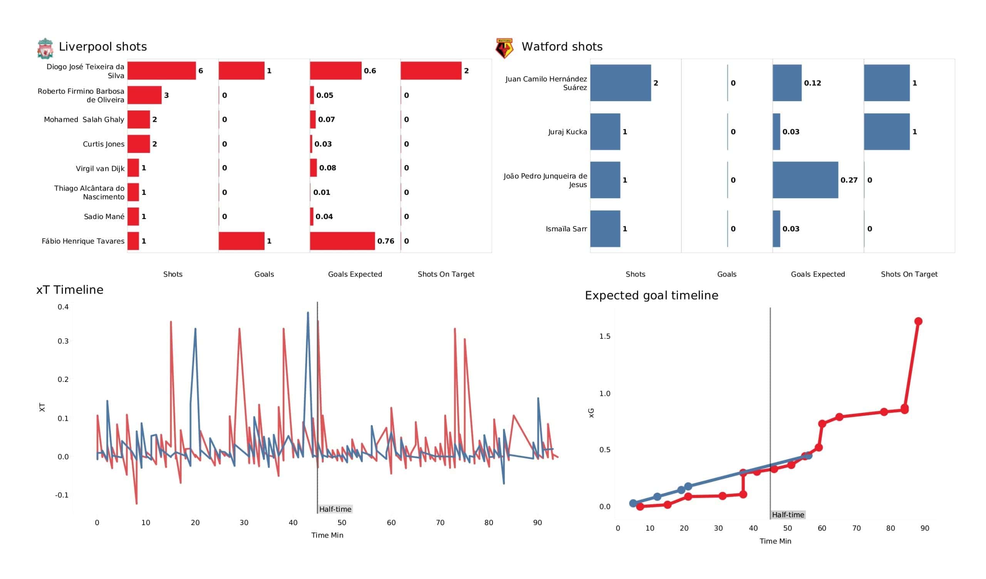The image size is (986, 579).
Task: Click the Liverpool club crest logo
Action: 45,49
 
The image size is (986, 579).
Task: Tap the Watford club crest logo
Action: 504,49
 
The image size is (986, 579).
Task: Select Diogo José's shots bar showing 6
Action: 162,71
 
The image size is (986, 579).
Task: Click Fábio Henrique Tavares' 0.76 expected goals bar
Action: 342,241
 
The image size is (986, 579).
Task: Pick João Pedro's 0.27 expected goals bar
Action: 805,180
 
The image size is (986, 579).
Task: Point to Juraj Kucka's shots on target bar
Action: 887,132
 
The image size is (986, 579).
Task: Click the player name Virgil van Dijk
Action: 100,169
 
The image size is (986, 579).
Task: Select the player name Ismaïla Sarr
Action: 566,229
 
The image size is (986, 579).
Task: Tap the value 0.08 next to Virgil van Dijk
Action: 327,168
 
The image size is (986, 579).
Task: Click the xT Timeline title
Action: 70,290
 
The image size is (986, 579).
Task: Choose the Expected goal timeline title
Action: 651,295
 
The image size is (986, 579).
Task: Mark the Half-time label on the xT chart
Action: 335,509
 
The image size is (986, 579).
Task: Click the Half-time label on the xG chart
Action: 788,515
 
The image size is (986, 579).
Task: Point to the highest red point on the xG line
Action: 918,321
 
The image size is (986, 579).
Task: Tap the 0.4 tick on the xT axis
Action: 63,307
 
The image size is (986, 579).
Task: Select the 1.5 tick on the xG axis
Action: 605,336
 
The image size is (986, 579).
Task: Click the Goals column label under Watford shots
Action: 726,274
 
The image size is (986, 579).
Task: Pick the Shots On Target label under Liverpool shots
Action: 446,274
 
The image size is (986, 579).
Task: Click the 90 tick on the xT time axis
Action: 537,523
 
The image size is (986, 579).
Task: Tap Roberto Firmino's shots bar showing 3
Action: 144,95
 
